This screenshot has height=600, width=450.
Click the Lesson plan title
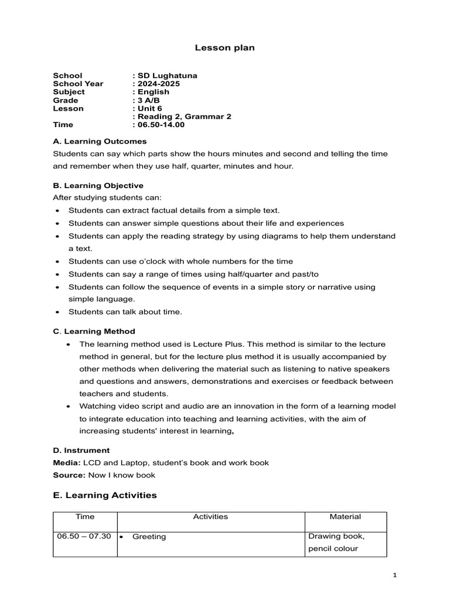pos(224,48)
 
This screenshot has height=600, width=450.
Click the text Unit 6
pos(149,108)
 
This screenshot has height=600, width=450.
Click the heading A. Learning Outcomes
pos(100,141)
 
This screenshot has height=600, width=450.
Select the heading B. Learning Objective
pos(98,185)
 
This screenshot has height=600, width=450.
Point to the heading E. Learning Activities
pos(105,495)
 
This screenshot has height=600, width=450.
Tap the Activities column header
pos(210,517)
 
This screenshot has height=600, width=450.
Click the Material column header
pos(345,517)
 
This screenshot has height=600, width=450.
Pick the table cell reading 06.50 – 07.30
pos(84,536)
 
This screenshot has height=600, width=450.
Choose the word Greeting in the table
pos(149,537)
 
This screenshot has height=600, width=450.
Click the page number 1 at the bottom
pos(395,575)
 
